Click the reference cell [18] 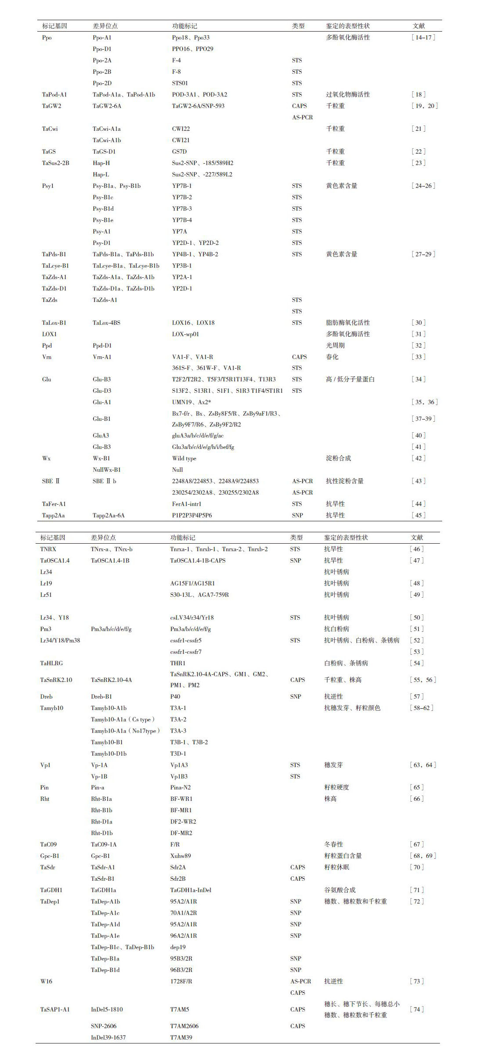[418, 94]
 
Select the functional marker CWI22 [181, 129]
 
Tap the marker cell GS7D [179, 151]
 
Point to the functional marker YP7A [180, 231]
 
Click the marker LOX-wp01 [185, 334]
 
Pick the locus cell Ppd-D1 [102, 345]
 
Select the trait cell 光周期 [335, 345]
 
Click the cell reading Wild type [184, 458]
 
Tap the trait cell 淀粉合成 [338, 458]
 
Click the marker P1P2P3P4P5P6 [192, 515]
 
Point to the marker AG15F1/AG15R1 [192, 583]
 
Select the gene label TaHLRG [51, 663]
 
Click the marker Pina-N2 [180, 787]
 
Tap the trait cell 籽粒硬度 [336, 787]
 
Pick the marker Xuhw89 [180, 856]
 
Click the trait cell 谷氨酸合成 [339, 890]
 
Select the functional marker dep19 [178, 947]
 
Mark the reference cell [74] [417, 1009]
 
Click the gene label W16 [46, 981]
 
